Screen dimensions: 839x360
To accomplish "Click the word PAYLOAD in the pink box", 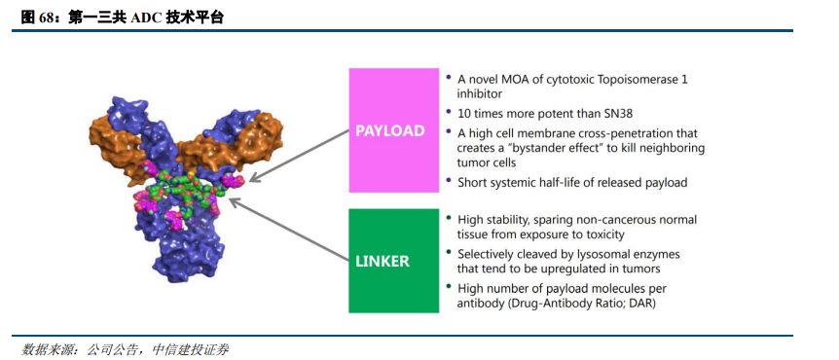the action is point(390,131).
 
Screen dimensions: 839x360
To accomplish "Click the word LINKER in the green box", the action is point(383,262).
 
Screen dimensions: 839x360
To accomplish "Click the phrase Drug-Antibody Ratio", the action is point(572,304).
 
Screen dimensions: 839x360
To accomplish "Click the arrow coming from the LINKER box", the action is point(288,231).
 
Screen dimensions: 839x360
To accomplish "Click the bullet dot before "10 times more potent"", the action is point(448,112).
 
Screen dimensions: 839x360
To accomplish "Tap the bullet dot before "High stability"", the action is point(448,218).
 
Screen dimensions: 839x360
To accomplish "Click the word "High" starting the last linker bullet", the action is point(469,289).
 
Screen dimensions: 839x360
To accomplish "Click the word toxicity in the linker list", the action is point(603,234).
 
